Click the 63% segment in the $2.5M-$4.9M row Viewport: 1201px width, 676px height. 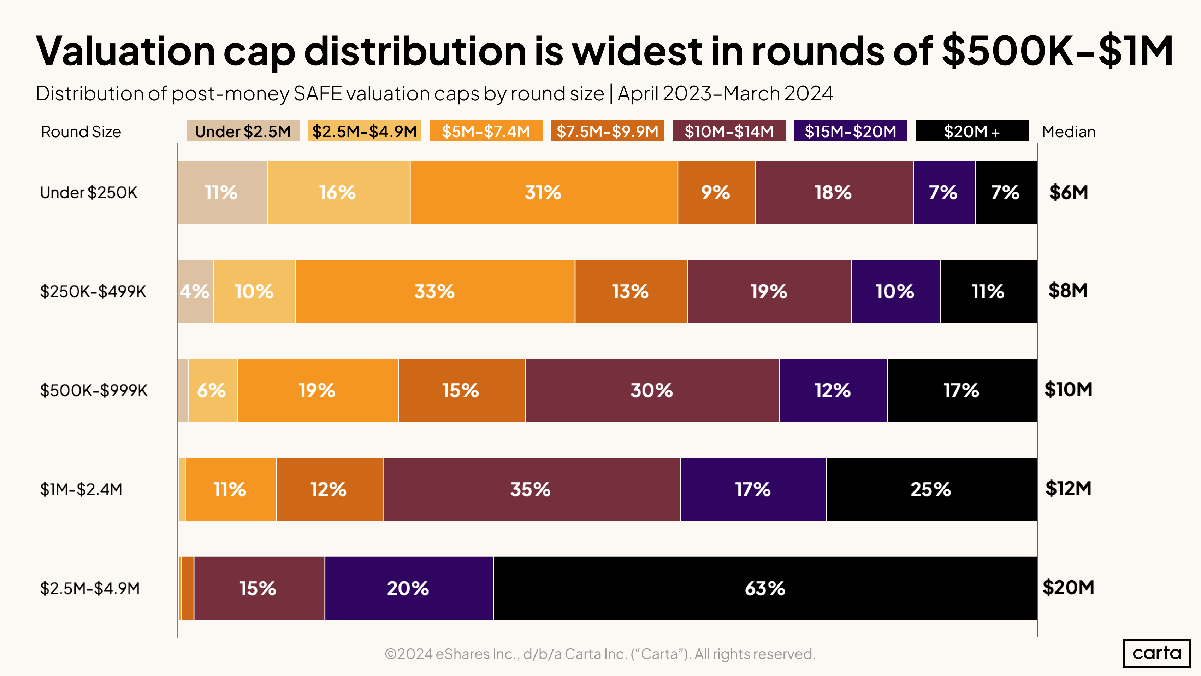pos(765,588)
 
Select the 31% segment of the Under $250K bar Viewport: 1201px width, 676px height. pos(543,192)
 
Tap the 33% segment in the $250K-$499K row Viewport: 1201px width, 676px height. pos(434,291)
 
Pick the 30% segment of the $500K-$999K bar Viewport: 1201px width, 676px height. pos(652,390)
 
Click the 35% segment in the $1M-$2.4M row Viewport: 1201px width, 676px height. pos(531,489)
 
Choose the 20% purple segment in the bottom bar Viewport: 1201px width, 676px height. pos(408,588)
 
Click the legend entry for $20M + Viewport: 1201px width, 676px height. pos(972,131)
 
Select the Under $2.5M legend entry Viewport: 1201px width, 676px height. pos(242,131)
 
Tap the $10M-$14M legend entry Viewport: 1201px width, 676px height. pos(729,131)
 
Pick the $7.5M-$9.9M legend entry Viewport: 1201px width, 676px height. pos(607,131)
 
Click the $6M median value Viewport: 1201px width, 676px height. pos(1068,192)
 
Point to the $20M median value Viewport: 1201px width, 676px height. pos(1068,587)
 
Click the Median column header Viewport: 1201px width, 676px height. pos(1068,132)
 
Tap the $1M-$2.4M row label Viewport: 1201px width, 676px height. pos(81,489)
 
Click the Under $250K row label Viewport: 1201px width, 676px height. pos(89,192)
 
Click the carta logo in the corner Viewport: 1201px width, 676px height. pos(1157,653)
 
